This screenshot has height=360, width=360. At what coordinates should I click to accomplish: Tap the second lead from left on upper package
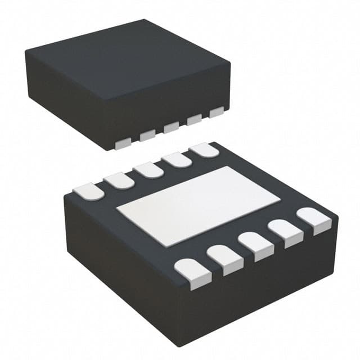point(148,136)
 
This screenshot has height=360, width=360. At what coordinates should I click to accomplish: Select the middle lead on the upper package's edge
point(171,128)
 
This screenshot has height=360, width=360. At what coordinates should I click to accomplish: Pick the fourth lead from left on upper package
point(194,120)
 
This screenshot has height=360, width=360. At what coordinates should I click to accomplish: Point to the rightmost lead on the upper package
point(216,112)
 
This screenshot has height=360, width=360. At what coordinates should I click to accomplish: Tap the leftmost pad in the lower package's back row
point(89,191)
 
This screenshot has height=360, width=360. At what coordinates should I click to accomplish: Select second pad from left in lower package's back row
point(118,181)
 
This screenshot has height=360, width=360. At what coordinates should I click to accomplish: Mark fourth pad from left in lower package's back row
point(177,160)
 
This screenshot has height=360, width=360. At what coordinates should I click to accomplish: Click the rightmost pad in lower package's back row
point(204,150)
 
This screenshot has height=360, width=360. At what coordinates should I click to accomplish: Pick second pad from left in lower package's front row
point(225,259)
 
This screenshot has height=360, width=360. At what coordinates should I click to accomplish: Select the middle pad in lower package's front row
point(256,245)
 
